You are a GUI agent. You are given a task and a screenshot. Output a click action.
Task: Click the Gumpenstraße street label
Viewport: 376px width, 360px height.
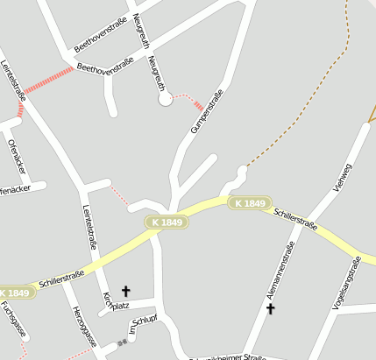click(x=208, y=110)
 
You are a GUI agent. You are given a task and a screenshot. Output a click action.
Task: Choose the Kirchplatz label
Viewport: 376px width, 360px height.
click(x=115, y=302)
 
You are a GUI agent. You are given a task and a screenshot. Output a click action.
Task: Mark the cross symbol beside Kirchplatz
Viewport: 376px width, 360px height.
click(x=125, y=290)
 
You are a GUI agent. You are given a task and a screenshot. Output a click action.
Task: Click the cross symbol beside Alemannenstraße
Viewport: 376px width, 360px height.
click(x=271, y=308)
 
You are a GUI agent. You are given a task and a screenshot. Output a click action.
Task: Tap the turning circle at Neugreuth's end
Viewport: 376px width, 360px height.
click(x=165, y=101)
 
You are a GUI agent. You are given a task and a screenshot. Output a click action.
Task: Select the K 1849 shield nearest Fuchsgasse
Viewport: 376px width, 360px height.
click(x=16, y=293)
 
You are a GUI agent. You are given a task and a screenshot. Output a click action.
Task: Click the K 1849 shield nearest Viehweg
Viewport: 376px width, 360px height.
click(x=249, y=203)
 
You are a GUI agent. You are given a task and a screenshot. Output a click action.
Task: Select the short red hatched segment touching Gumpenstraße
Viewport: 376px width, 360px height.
click(x=200, y=107)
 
